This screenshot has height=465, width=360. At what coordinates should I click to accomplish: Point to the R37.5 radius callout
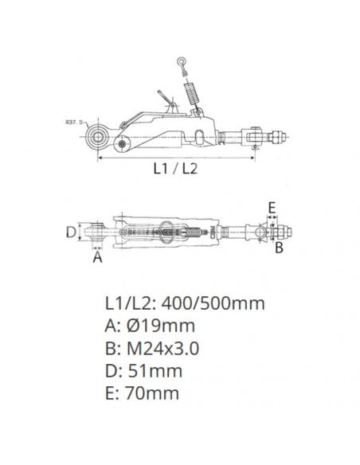(x=76, y=123)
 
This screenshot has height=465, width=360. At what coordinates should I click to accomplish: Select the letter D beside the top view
(x=71, y=232)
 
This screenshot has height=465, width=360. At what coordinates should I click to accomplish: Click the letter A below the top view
(x=97, y=257)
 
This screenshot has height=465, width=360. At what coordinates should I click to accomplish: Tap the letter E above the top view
(x=272, y=208)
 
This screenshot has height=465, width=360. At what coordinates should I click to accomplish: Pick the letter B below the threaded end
(x=279, y=248)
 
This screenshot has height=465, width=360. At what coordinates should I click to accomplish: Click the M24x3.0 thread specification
(x=161, y=348)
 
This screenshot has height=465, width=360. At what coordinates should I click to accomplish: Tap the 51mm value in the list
(x=154, y=370)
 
